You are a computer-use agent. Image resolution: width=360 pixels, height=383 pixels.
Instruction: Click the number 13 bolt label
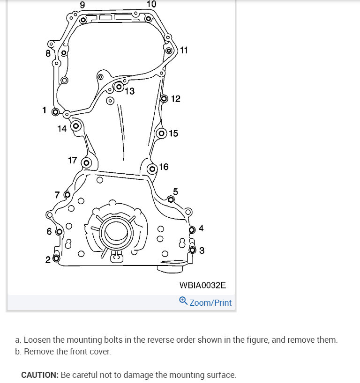tap(130, 91)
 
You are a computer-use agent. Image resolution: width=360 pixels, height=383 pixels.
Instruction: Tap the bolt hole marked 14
tap(75, 126)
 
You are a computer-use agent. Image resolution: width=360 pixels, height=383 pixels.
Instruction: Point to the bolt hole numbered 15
tap(162, 133)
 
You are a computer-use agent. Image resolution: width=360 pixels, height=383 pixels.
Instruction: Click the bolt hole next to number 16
tap(152, 169)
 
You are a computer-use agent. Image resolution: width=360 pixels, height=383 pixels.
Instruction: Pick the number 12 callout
tap(176, 99)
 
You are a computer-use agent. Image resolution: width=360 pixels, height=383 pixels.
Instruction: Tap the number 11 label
tap(184, 50)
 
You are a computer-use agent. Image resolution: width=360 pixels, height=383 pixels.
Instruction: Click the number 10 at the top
tap(151, 4)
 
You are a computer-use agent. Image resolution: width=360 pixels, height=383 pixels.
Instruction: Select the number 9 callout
tap(82, 5)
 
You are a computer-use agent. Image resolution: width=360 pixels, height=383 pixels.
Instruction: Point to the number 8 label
tap(48, 53)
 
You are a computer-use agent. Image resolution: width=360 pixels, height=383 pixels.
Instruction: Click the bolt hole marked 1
tap(55, 112)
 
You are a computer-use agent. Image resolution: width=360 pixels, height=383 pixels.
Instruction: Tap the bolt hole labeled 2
tap(56, 258)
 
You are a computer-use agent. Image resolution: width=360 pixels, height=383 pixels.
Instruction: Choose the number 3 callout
tap(202, 250)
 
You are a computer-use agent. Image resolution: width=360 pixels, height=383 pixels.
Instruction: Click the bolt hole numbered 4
tap(192, 230)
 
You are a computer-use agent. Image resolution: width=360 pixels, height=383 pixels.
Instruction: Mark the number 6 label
tap(49, 231)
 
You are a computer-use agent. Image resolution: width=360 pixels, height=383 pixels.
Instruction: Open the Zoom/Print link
tap(210, 302)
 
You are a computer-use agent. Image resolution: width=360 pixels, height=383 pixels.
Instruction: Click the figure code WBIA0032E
tap(202, 285)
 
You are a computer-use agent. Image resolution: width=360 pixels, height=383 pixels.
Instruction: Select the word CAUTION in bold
tap(39, 375)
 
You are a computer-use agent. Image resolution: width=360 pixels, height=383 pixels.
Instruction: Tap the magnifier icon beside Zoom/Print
tap(183, 301)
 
